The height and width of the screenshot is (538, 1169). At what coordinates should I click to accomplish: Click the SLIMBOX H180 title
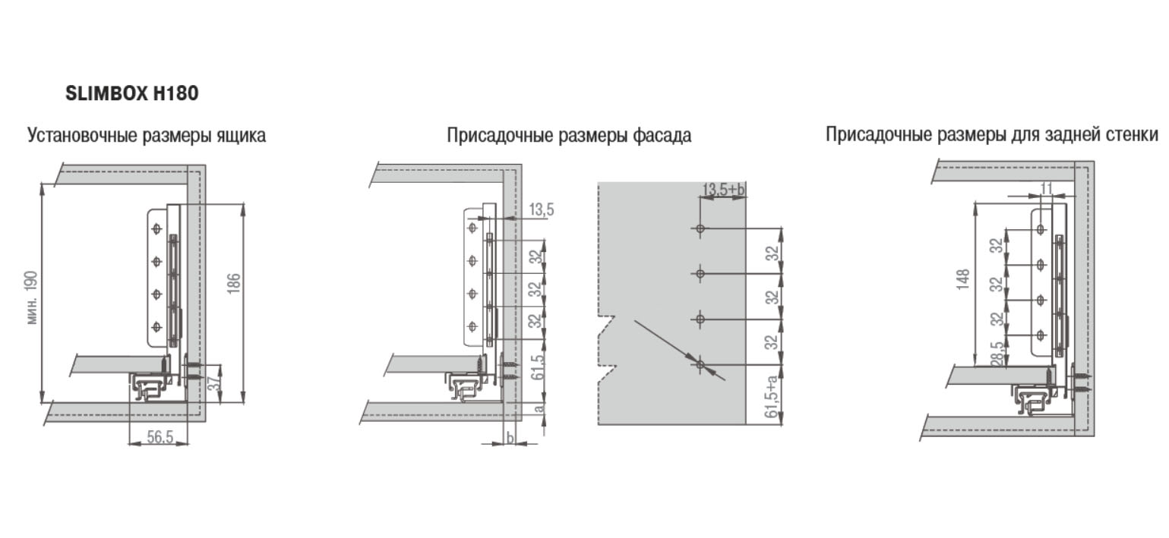(x=131, y=93)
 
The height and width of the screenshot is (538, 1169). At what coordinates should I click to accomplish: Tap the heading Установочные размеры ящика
(x=147, y=135)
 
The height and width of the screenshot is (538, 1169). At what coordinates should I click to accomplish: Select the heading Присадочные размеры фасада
(x=569, y=135)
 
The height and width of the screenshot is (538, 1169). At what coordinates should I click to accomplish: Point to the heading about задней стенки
(x=991, y=134)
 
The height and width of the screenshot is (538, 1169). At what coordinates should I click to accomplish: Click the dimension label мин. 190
(x=31, y=297)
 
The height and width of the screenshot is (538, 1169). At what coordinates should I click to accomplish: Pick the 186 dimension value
(x=233, y=283)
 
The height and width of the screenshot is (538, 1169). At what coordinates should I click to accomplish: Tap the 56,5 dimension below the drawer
(x=160, y=437)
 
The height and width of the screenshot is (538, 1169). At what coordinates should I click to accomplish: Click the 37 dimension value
(x=214, y=383)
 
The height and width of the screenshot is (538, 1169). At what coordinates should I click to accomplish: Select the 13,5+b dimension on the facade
(x=723, y=189)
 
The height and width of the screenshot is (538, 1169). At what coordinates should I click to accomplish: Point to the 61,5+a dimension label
(x=771, y=395)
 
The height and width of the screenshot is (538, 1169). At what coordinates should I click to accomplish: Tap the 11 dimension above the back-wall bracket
(x=1047, y=187)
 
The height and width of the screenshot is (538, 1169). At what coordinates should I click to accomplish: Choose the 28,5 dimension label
(x=997, y=354)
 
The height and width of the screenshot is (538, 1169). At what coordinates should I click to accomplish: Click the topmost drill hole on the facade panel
(x=700, y=228)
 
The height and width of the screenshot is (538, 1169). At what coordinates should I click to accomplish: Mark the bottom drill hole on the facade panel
(x=700, y=364)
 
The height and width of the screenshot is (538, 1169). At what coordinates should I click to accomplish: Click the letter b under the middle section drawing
(x=510, y=438)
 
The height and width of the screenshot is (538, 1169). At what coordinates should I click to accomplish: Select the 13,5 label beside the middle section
(x=542, y=209)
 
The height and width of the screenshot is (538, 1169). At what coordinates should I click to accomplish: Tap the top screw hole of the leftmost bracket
(x=156, y=228)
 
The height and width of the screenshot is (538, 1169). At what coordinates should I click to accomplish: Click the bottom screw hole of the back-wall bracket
(x=1040, y=335)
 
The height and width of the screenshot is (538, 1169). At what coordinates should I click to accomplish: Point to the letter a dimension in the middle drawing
(x=539, y=407)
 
